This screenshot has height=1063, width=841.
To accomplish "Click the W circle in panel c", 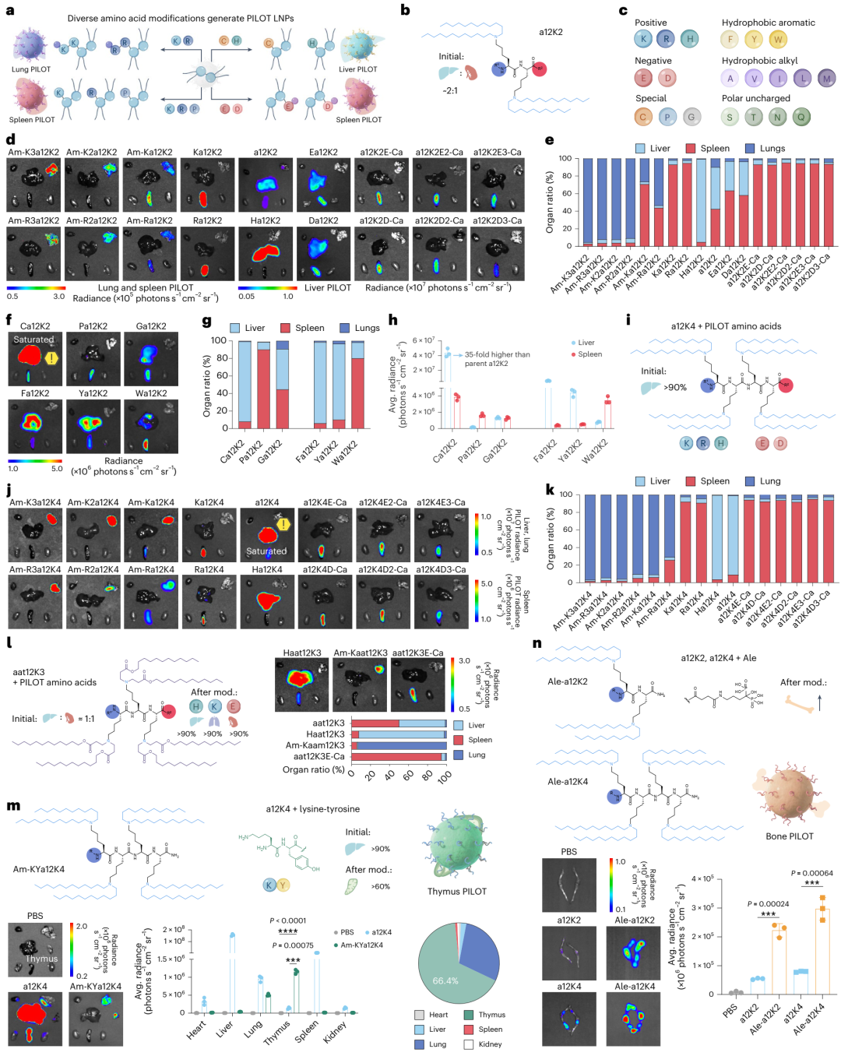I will tap(777, 39).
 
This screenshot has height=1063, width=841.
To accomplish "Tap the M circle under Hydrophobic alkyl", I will tap(826, 78).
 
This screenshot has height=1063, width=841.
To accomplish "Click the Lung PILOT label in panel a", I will tap(31, 69).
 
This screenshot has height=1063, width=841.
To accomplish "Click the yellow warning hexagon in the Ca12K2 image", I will tap(51, 358).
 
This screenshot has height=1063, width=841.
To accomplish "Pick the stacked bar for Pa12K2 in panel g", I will tap(264, 385).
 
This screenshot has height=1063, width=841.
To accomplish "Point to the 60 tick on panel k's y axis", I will tap(565, 530).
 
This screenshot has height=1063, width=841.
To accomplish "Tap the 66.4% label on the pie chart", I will tap(445, 980).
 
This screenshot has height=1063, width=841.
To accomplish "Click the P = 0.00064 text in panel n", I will tap(811, 873).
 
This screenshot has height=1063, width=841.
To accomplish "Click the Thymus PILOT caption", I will tap(456, 892).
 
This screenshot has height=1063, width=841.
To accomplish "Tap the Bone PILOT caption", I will tap(789, 836).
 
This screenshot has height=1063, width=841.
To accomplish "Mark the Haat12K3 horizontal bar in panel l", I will tap(398, 734).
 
